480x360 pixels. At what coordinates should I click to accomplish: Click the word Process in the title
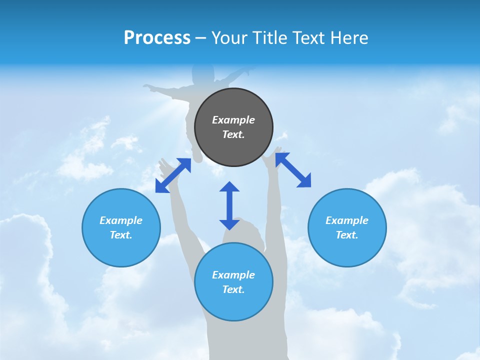click(x=157, y=38)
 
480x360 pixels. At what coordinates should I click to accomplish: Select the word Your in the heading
click(x=229, y=38)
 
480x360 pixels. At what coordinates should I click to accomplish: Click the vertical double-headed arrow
click(x=229, y=205)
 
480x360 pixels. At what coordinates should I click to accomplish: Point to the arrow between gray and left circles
click(x=173, y=175)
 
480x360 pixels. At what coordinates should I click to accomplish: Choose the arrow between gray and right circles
click(x=293, y=170)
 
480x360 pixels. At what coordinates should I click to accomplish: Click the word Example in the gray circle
click(x=233, y=120)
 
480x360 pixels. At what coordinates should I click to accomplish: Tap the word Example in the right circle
click(x=347, y=220)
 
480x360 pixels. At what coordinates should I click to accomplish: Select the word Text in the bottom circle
click(x=232, y=289)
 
